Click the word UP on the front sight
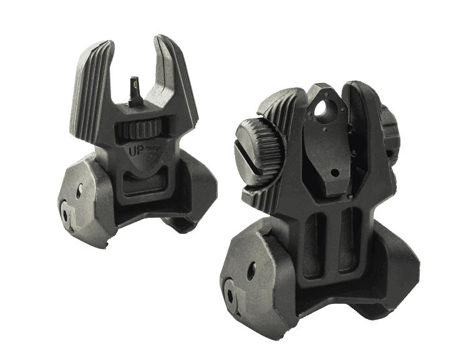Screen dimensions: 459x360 click(x=135, y=151)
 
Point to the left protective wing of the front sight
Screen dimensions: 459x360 click(x=92, y=91)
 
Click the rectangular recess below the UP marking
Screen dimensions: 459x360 click(x=144, y=183)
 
